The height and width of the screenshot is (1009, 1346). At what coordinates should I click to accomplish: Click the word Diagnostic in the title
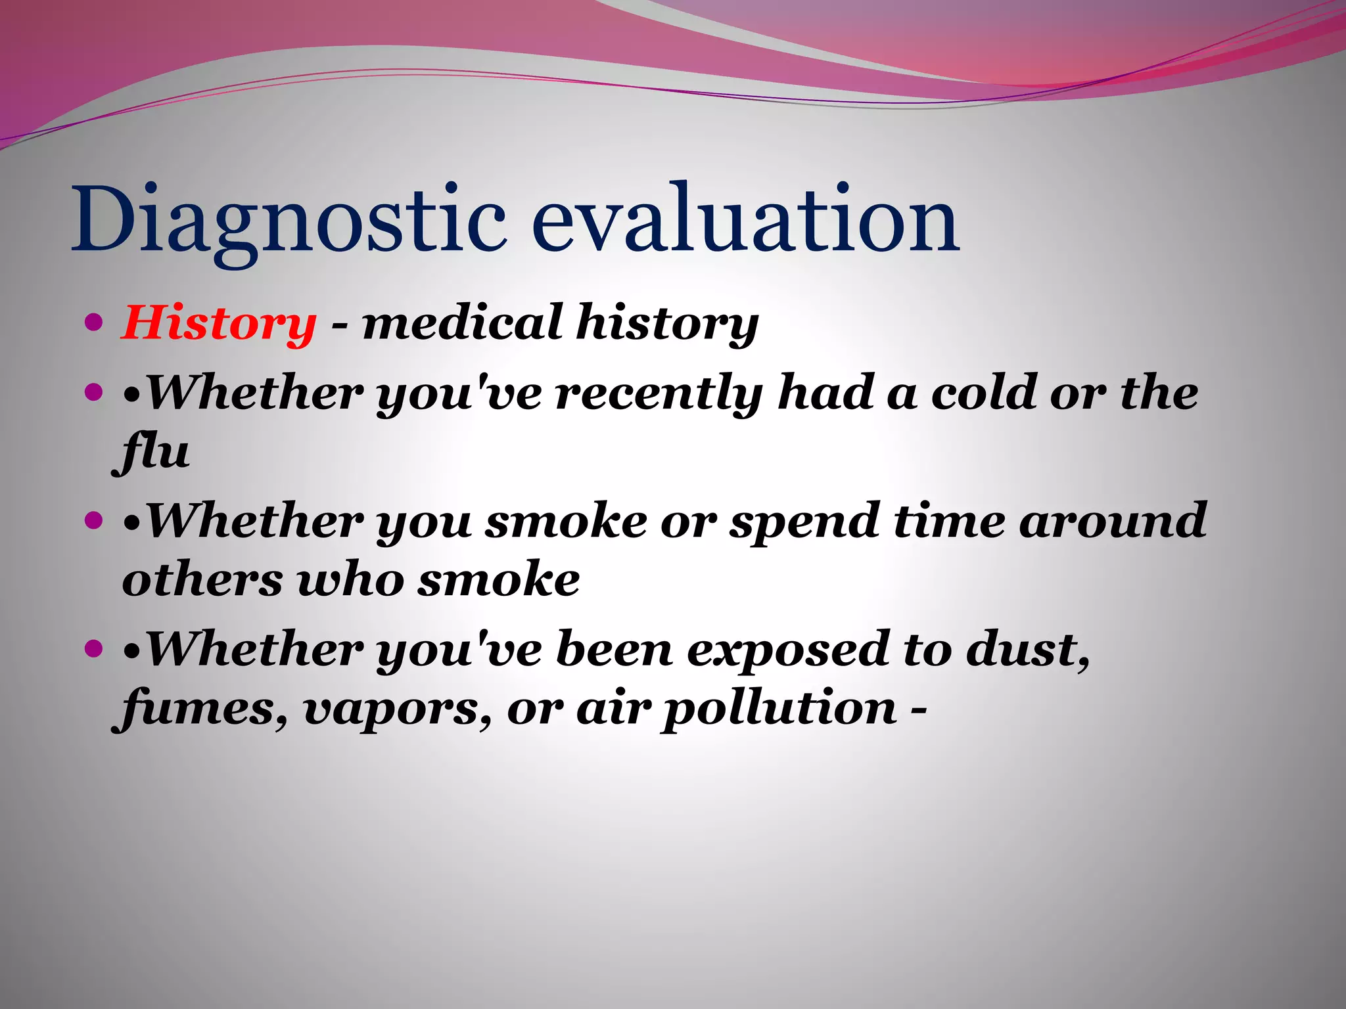289,220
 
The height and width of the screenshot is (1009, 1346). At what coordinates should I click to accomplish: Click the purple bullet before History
95,323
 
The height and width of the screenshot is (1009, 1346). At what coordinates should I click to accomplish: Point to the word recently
659,394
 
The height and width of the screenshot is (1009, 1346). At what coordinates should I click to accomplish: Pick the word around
1113,522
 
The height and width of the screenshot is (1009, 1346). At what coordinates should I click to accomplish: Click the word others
202,581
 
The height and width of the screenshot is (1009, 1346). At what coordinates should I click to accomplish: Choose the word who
350,581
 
